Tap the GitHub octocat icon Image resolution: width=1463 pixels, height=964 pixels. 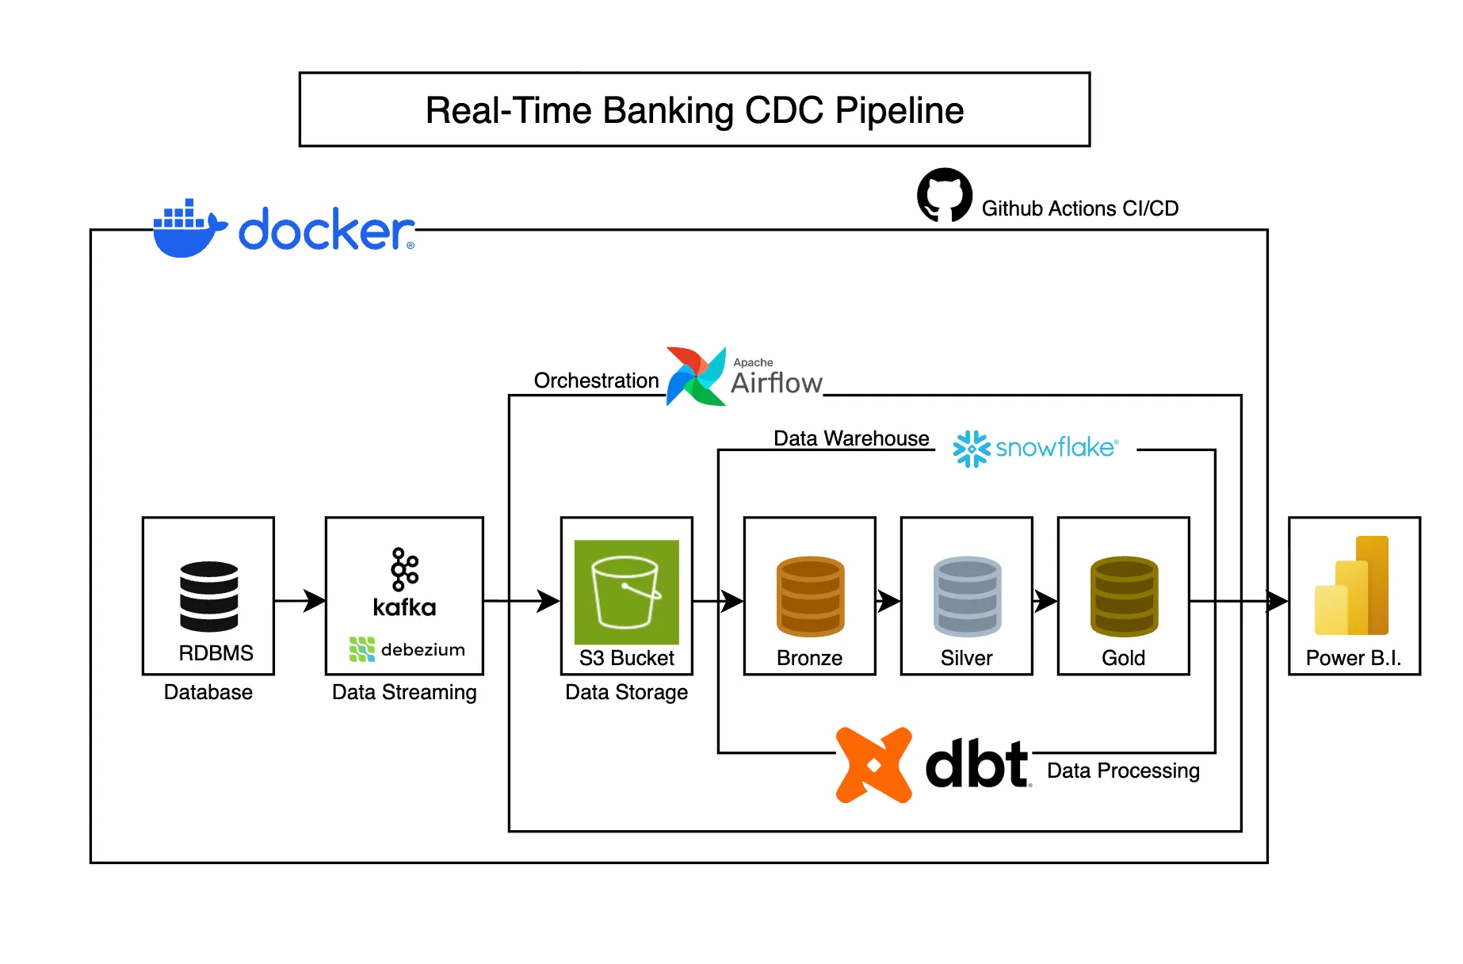(944, 195)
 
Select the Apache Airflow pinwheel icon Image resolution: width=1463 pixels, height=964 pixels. (695, 377)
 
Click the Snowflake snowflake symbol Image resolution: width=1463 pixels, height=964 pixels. (971, 449)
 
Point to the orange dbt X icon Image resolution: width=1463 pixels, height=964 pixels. (874, 765)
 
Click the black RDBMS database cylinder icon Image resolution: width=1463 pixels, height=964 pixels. (208, 596)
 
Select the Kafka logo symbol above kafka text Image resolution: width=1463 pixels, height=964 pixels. (404, 569)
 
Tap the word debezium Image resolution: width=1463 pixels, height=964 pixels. (422, 650)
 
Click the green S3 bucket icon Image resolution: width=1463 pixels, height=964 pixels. (626, 591)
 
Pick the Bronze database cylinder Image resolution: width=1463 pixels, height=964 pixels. (810, 596)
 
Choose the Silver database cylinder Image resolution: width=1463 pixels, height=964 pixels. (967, 596)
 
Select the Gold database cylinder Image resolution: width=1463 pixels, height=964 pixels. (1124, 596)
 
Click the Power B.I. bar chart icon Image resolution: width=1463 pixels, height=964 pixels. (1352, 587)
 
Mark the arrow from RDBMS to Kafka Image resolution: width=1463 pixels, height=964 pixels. (300, 601)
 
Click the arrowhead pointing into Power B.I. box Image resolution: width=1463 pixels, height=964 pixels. (1276, 601)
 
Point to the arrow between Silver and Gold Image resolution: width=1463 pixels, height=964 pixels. (1045, 601)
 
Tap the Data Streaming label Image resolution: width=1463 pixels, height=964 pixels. (404, 692)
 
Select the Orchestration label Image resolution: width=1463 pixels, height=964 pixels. (596, 381)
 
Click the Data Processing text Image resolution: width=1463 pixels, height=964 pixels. (1123, 771)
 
